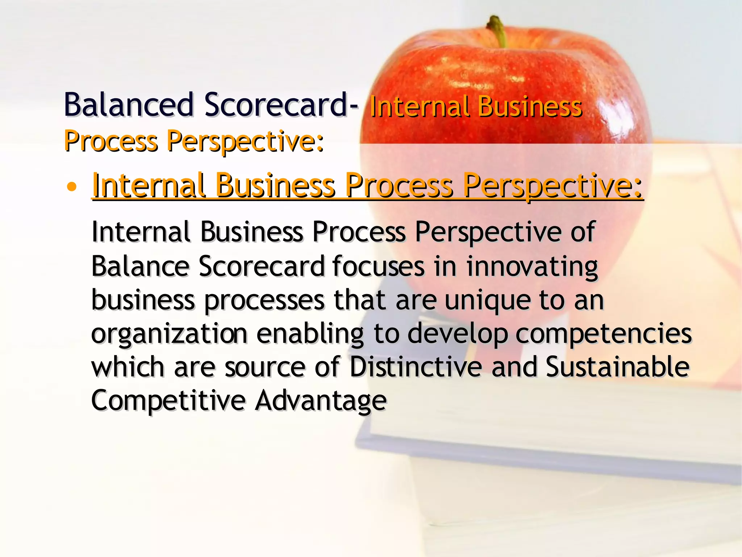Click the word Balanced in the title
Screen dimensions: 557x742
click(129, 105)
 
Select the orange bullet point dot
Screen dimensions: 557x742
click(72, 187)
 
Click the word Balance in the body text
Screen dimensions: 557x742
click(140, 267)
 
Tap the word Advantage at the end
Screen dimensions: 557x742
click(321, 401)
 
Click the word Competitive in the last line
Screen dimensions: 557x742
click(168, 401)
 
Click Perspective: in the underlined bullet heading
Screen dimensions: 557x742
click(553, 186)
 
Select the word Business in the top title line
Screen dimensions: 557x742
click(529, 107)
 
